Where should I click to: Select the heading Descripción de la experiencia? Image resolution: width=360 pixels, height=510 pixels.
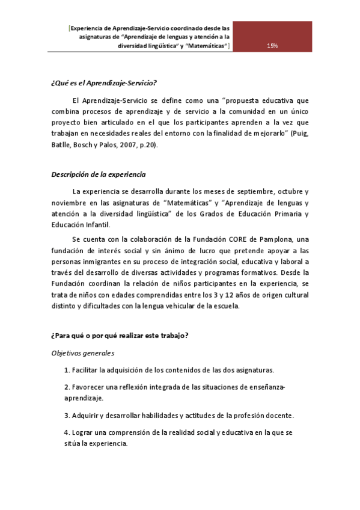(x=98, y=174)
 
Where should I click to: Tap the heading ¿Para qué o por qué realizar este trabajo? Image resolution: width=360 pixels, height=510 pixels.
(x=119, y=335)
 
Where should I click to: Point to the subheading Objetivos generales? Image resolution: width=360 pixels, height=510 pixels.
(x=82, y=354)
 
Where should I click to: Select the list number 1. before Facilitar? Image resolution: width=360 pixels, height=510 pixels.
(x=67, y=370)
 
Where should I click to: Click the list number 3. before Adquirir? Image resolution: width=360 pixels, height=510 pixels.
(x=67, y=415)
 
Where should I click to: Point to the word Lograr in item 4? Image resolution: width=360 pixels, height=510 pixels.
(x=83, y=432)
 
